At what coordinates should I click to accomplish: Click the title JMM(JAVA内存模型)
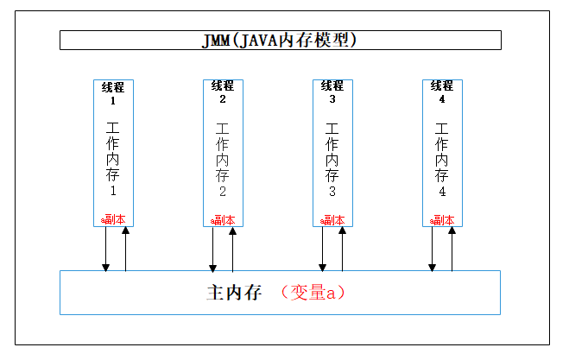280,40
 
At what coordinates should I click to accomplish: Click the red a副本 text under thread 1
113,219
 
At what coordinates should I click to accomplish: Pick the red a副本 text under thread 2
223,219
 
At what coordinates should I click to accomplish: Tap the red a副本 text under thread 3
332,219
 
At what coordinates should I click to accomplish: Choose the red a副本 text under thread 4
442,219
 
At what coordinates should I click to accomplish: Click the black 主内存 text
234,293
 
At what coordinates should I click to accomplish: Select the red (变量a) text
313,293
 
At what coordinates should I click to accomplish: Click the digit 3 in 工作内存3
332,191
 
